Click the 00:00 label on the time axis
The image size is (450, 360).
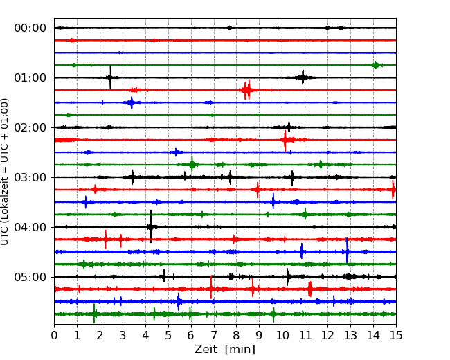tap(30, 28)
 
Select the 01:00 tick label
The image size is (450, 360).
tap(30, 78)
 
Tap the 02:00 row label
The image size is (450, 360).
tap(30, 128)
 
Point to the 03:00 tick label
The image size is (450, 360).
tap(30, 177)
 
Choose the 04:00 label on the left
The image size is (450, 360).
tap(30, 227)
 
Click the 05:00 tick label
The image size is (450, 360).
tap(30, 277)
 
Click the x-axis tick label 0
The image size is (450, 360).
tap(54, 335)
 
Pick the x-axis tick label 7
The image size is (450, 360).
tap(214, 335)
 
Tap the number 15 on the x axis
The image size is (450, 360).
tap(396, 335)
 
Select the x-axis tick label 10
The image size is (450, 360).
tap(282, 335)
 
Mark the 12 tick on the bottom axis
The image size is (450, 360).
tap(327, 335)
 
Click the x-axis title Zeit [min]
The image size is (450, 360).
tap(225, 350)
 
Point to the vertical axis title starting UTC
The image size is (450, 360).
tap(5, 172)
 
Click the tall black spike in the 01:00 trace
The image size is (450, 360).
tap(110, 78)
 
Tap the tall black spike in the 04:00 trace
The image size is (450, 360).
tap(151, 226)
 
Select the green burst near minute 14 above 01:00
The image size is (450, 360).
tap(375, 65)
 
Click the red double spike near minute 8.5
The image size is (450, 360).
tap(247, 89)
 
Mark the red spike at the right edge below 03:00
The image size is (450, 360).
tap(393, 190)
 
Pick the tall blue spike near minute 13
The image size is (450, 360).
tap(347, 251)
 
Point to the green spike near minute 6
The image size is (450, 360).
tap(192, 164)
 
